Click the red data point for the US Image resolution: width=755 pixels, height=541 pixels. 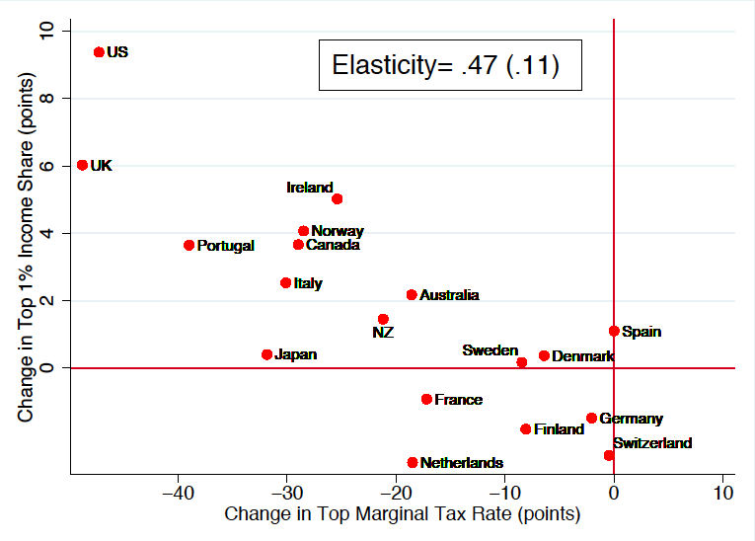tap(99, 51)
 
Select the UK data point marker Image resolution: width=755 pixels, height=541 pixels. tap(82, 165)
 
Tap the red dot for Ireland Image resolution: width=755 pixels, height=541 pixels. tap(337, 198)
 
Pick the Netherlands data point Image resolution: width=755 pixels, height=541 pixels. tap(413, 462)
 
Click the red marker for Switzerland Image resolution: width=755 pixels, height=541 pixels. tap(608, 455)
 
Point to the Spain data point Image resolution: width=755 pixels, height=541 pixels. tap(614, 331)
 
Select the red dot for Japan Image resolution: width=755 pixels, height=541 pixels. tap(266, 354)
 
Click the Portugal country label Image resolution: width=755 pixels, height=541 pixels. tap(225, 246)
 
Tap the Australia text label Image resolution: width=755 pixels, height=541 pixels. tap(449, 295)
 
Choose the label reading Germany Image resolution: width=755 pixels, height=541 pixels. tap(631, 420)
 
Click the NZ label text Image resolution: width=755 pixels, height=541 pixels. tap(383, 333)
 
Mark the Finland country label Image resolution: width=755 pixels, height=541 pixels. tap(559, 430)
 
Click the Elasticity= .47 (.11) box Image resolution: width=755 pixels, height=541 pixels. tap(446, 66)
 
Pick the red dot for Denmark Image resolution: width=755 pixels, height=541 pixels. tap(544, 355)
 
